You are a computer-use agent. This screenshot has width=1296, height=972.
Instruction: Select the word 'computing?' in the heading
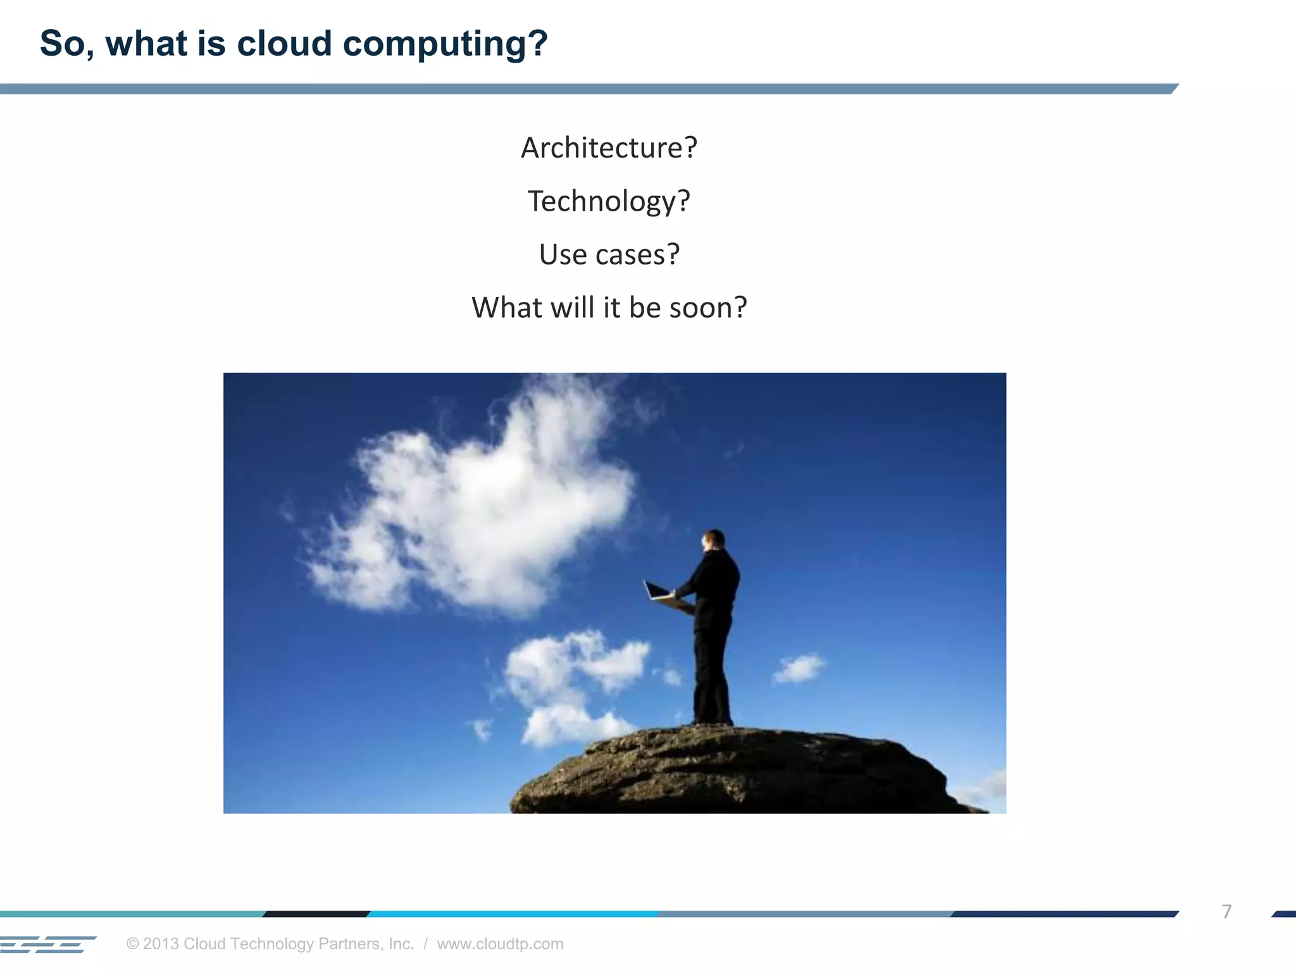[x=445, y=44]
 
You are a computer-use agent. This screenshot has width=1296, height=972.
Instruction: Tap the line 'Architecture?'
[x=609, y=148]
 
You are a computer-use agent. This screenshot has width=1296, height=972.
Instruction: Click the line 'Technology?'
[x=609, y=202]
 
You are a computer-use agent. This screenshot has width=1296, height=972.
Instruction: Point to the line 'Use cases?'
[x=609, y=254]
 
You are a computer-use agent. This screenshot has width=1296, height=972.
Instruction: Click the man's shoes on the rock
[x=713, y=721]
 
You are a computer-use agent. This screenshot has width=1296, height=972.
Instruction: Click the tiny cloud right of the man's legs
[x=799, y=668]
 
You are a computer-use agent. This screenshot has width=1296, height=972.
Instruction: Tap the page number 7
[x=1226, y=911]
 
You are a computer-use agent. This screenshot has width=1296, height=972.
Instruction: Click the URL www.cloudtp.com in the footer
[x=500, y=944]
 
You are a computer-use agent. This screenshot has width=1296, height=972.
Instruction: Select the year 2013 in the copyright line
[x=161, y=944]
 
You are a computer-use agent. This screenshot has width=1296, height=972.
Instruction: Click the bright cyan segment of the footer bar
[x=513, y=914]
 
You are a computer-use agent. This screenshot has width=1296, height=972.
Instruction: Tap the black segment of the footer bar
[x=316, y=914]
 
